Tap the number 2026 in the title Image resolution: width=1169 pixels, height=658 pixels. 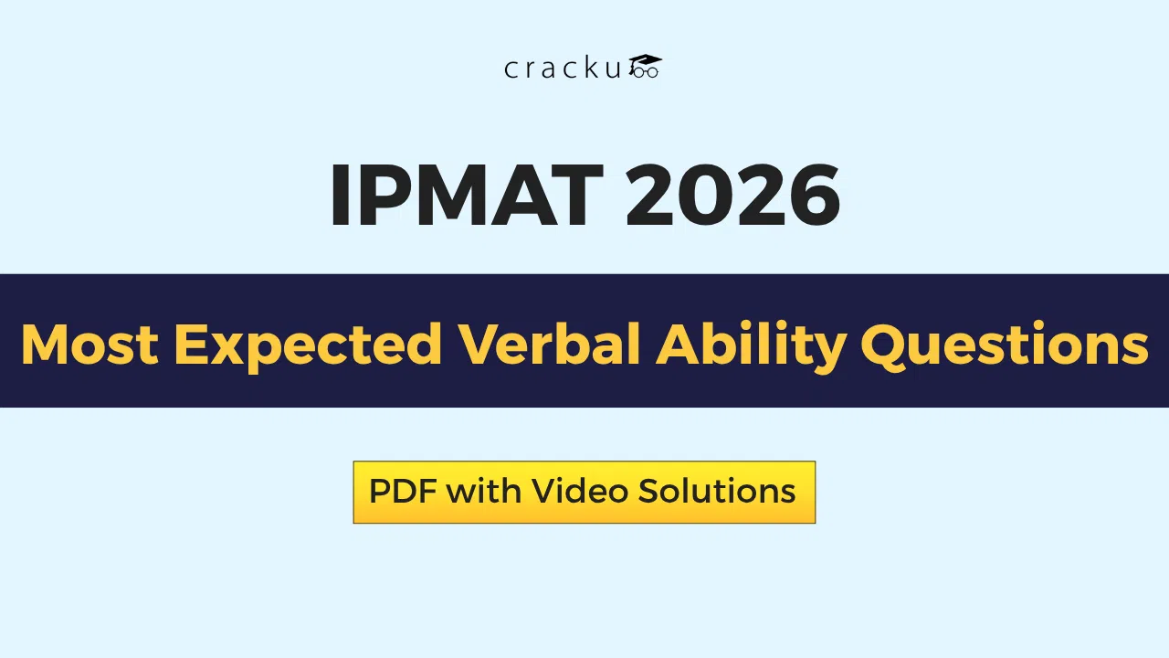(x=732, y=196)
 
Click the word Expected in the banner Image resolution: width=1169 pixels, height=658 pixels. (x=308, y=345)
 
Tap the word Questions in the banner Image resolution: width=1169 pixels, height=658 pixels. (x=1004, y=345)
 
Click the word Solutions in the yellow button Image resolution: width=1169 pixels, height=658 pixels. (x=717, y=492)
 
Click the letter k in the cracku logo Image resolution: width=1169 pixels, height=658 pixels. (x=594, y=69)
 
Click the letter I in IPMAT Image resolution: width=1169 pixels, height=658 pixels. (x=341, y=196)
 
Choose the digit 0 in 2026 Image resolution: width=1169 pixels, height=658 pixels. (x=702, y=196)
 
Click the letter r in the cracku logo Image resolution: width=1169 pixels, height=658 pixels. (x=531, y=70)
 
